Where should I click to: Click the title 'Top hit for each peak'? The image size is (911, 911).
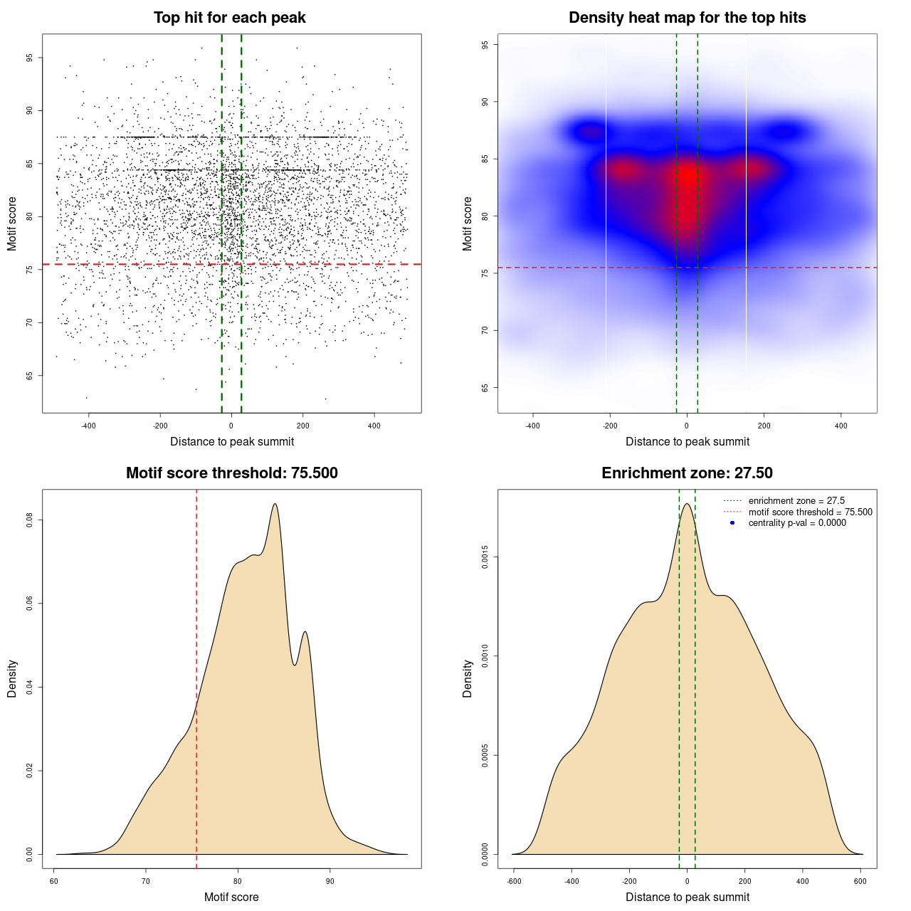click(229, 18)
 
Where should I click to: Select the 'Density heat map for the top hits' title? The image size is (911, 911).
click(687, 18)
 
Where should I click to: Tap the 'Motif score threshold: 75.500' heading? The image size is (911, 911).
click(231, 473)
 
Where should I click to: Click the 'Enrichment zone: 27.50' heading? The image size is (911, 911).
click(687, 473)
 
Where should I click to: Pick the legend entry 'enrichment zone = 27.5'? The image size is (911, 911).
click(796, 501)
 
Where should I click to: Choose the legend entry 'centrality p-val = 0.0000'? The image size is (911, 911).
click(797, 523)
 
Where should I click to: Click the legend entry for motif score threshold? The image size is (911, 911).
click(810, 512)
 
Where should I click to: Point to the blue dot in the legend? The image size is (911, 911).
click(732, 523)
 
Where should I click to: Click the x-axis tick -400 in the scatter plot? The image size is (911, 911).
click(88, 426)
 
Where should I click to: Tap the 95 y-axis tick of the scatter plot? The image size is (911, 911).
click(30, 58)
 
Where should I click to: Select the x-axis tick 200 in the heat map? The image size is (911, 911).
click(764, 426)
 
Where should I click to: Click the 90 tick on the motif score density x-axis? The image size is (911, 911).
click(330, 881)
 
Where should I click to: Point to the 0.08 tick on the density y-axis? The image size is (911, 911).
click(30, 520)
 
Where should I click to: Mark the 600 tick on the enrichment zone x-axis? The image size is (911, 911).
click(860, 881)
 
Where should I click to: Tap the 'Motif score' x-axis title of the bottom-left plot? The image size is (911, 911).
click(231, 897)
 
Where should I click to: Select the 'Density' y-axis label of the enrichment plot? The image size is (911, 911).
click(468, 678)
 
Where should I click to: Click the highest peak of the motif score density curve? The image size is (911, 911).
click(275, 504)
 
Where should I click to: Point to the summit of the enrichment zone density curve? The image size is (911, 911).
click(687, 504)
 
